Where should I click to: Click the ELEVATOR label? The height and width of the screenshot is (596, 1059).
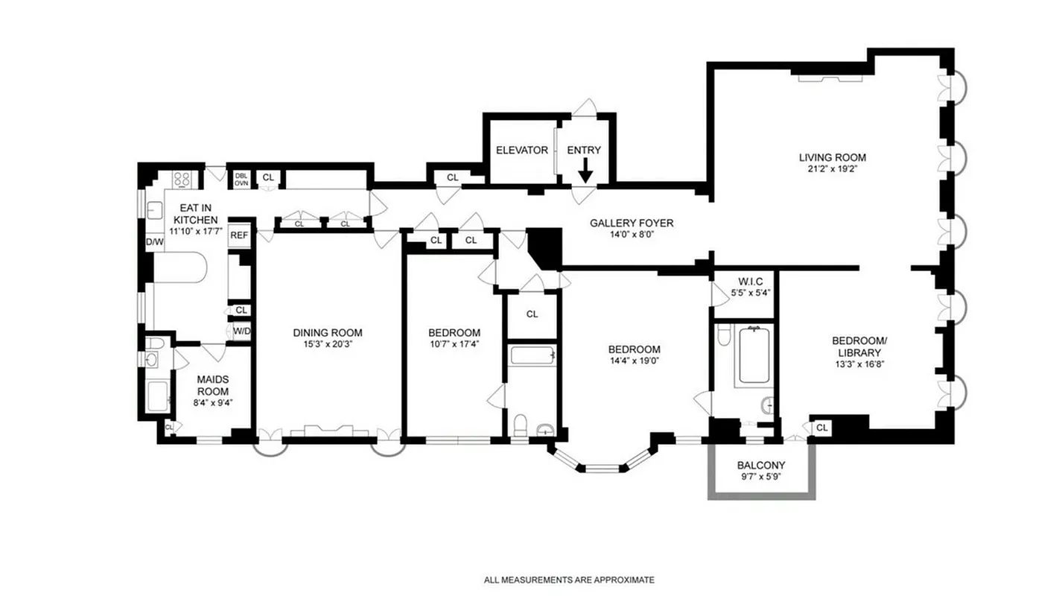tap(521, 150)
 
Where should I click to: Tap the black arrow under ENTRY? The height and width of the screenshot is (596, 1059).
tap(585, 171)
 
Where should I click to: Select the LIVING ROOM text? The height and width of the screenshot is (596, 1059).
tap(832, 157)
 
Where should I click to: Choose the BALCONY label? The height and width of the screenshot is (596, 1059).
tap(760, 466)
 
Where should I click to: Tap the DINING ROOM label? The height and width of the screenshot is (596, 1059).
tap(327, 333)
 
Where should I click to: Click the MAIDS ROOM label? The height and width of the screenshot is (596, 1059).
tap(212, 385)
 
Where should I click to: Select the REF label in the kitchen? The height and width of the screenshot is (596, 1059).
tap(238, 235)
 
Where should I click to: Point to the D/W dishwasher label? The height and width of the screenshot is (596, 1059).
tap(154, 242)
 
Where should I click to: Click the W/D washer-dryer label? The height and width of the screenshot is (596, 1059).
tap(241, 331)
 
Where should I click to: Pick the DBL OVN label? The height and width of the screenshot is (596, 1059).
tap(241, 180)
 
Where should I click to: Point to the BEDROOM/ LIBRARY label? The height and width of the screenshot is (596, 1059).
tap(859, 346)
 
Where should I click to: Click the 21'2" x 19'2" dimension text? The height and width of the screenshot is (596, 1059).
tap(832, 169)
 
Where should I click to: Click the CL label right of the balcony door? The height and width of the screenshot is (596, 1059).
tap(821, 428)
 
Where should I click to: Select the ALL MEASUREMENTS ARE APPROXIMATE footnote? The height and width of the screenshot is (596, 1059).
tap(569, 580)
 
